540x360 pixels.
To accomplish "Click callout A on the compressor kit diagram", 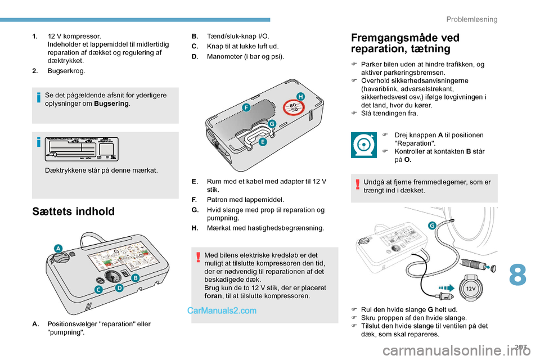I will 58,248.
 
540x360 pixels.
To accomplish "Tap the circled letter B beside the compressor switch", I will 135,278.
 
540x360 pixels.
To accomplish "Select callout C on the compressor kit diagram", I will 98,290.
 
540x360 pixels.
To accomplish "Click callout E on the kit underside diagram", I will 262,143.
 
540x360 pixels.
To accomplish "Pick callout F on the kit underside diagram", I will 246,106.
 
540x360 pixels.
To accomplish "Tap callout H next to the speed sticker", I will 300,97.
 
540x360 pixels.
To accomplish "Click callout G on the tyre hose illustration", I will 432,226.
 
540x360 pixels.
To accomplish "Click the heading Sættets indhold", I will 73,211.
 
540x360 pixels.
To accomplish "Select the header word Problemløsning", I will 471,20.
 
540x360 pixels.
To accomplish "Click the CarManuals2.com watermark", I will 222,310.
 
